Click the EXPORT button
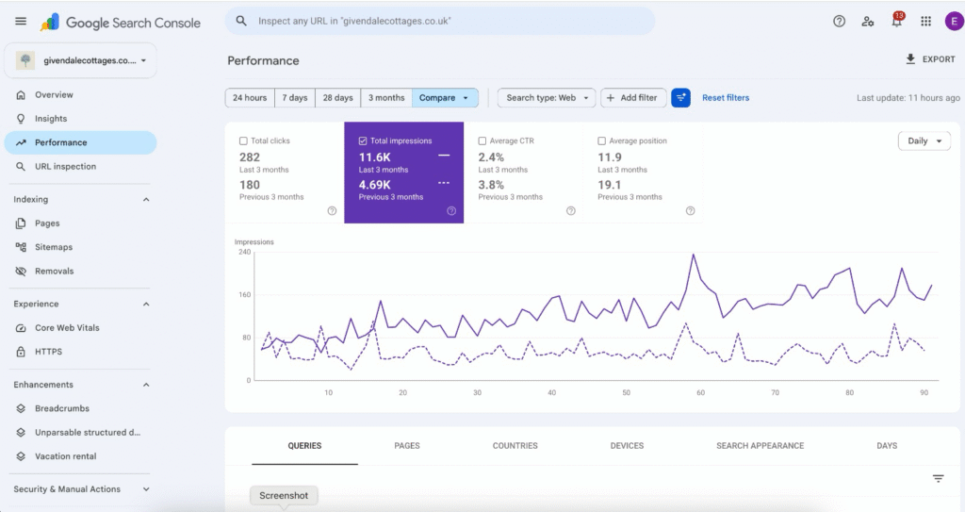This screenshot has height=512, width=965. tap(930, 59)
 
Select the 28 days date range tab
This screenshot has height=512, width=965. tap(338, 98)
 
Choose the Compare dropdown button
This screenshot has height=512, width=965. tap(445, 98)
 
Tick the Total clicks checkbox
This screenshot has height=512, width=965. tap(243, 141)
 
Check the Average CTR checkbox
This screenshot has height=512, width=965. tap(482, 141)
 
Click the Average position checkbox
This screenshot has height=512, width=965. tap(601, 141)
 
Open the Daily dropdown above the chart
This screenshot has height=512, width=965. tap(924, 141)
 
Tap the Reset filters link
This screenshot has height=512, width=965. tap(726, 98)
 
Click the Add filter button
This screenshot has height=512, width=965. tap(632, 98)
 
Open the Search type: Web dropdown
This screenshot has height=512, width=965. tap(547, 98)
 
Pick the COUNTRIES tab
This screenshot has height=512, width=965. tap(515, 445)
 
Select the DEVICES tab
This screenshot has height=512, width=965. tap(627, 445)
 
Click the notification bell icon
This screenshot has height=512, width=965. tap(897, 21)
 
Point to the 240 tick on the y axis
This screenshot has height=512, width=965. tap(244, 252)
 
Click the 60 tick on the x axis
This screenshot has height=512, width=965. tap(700, 392)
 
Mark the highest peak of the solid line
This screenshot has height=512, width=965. tap(694, 255)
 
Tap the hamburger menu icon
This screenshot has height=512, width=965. tap(21, 22)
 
